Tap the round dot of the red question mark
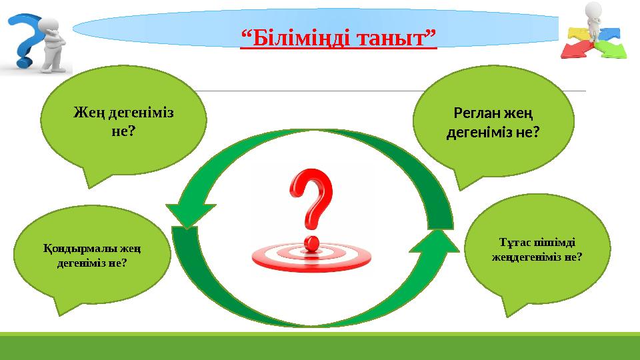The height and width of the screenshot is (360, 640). pyautogui.click(x=310, y=241)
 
